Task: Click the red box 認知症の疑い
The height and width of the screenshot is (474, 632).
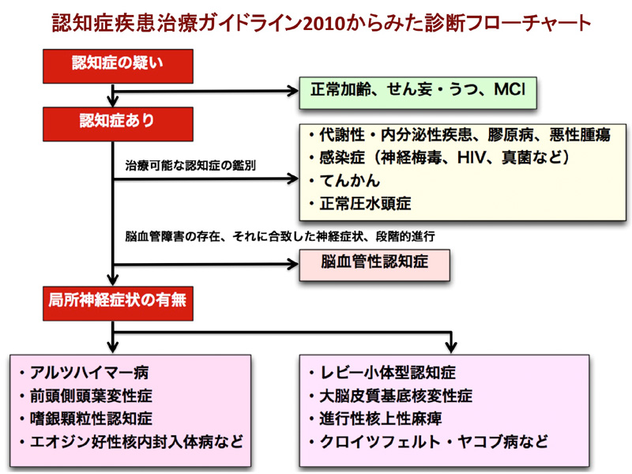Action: click(118, 66)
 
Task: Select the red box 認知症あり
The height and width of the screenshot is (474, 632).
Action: click(118, 124)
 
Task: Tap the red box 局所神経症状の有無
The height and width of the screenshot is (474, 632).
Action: click(118, 303)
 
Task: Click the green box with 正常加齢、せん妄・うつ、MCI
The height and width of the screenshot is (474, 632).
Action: click(418, 92)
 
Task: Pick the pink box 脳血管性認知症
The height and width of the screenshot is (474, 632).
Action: click(374, 265)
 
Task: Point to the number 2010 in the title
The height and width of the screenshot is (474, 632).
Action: click(326, 24)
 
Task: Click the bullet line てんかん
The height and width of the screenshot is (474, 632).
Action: click(345, 181)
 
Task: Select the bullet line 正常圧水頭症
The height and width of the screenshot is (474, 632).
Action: click(360, 204)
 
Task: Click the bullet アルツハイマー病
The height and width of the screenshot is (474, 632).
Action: click(85, 372)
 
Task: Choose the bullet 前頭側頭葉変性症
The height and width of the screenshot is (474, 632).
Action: click(86, 396)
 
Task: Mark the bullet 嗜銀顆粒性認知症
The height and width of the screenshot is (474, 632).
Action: click(86, 419)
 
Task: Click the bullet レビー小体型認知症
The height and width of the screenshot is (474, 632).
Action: click(383, 372)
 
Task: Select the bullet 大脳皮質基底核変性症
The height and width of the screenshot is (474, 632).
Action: click(391, 396)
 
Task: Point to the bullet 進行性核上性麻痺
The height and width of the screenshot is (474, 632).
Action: click(376, 419)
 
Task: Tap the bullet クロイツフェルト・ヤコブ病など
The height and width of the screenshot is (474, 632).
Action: click(429, 442)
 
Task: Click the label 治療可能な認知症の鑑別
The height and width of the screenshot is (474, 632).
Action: click(190, 165)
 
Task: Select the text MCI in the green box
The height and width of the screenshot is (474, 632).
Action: click(510, 89)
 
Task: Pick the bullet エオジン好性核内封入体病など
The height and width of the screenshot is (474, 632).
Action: click(131, 442)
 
